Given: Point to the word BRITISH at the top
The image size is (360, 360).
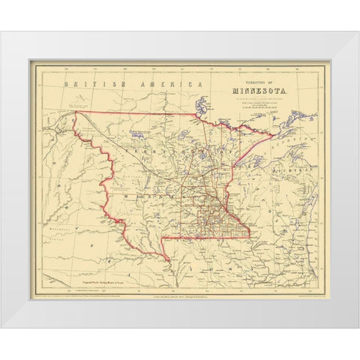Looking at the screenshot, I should pos(85,85).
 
